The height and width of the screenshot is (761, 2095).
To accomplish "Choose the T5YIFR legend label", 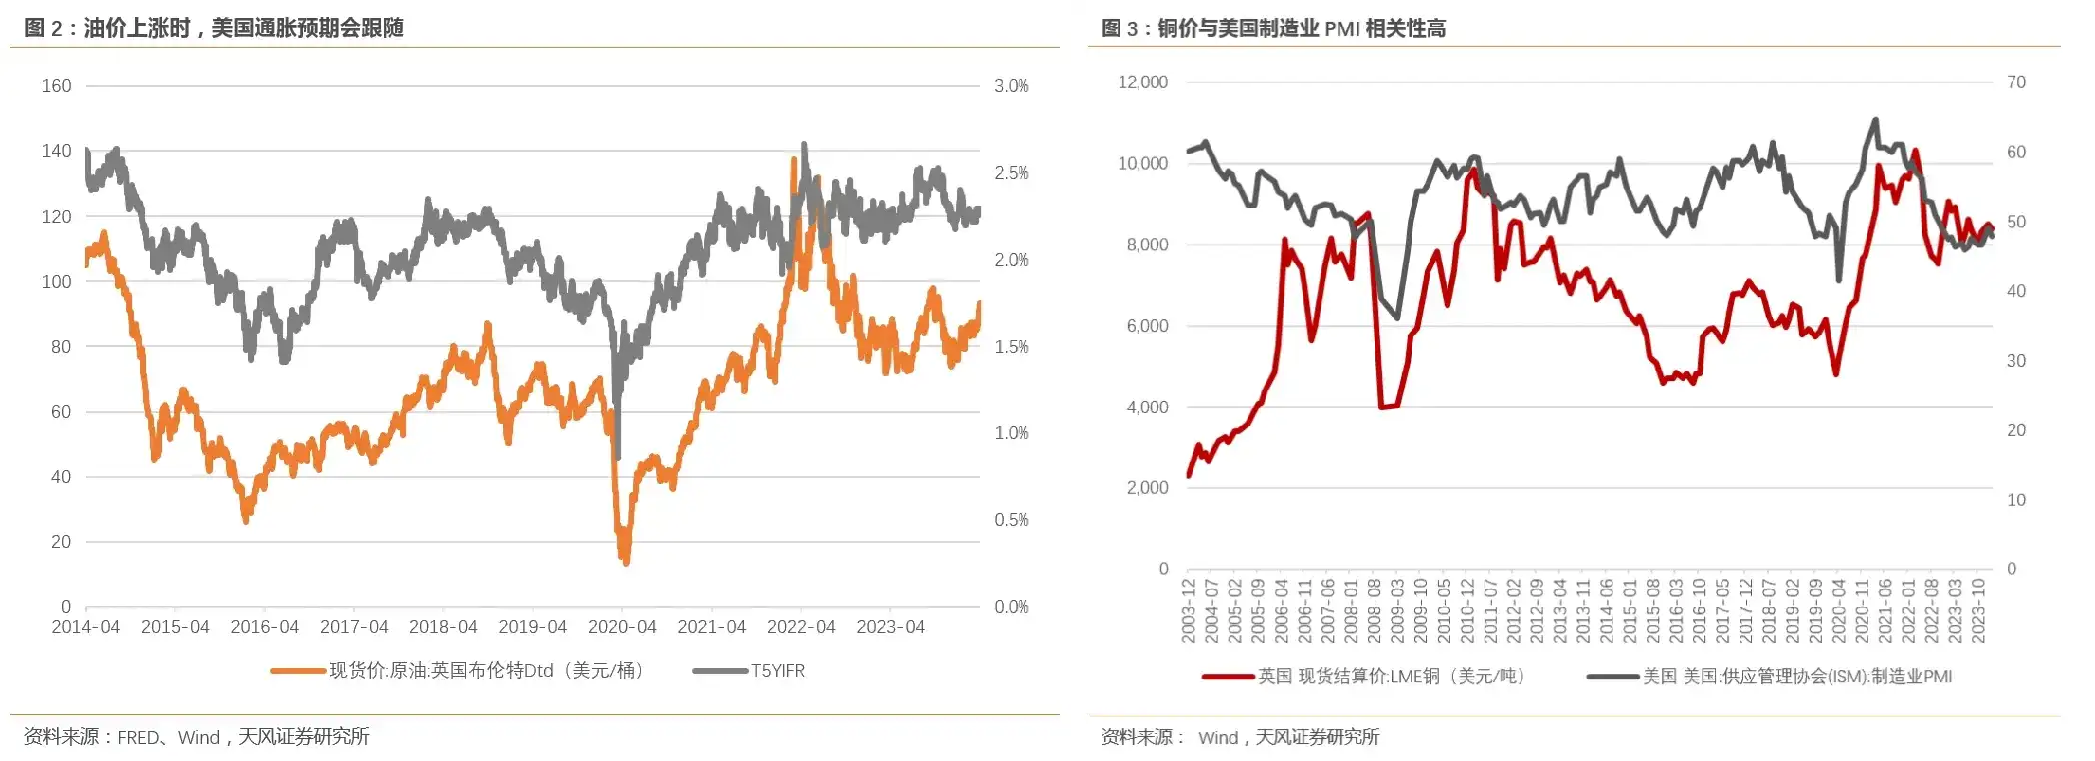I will coord(777,671).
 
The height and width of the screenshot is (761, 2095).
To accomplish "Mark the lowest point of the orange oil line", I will coord(625,562).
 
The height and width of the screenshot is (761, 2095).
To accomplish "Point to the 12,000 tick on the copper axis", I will coord(1143,82).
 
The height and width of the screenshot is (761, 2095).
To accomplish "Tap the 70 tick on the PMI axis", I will coord(2016,82).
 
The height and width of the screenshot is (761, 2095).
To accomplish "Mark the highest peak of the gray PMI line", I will coord(1876,119).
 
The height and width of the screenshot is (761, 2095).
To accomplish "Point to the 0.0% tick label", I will coord(1011,607).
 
